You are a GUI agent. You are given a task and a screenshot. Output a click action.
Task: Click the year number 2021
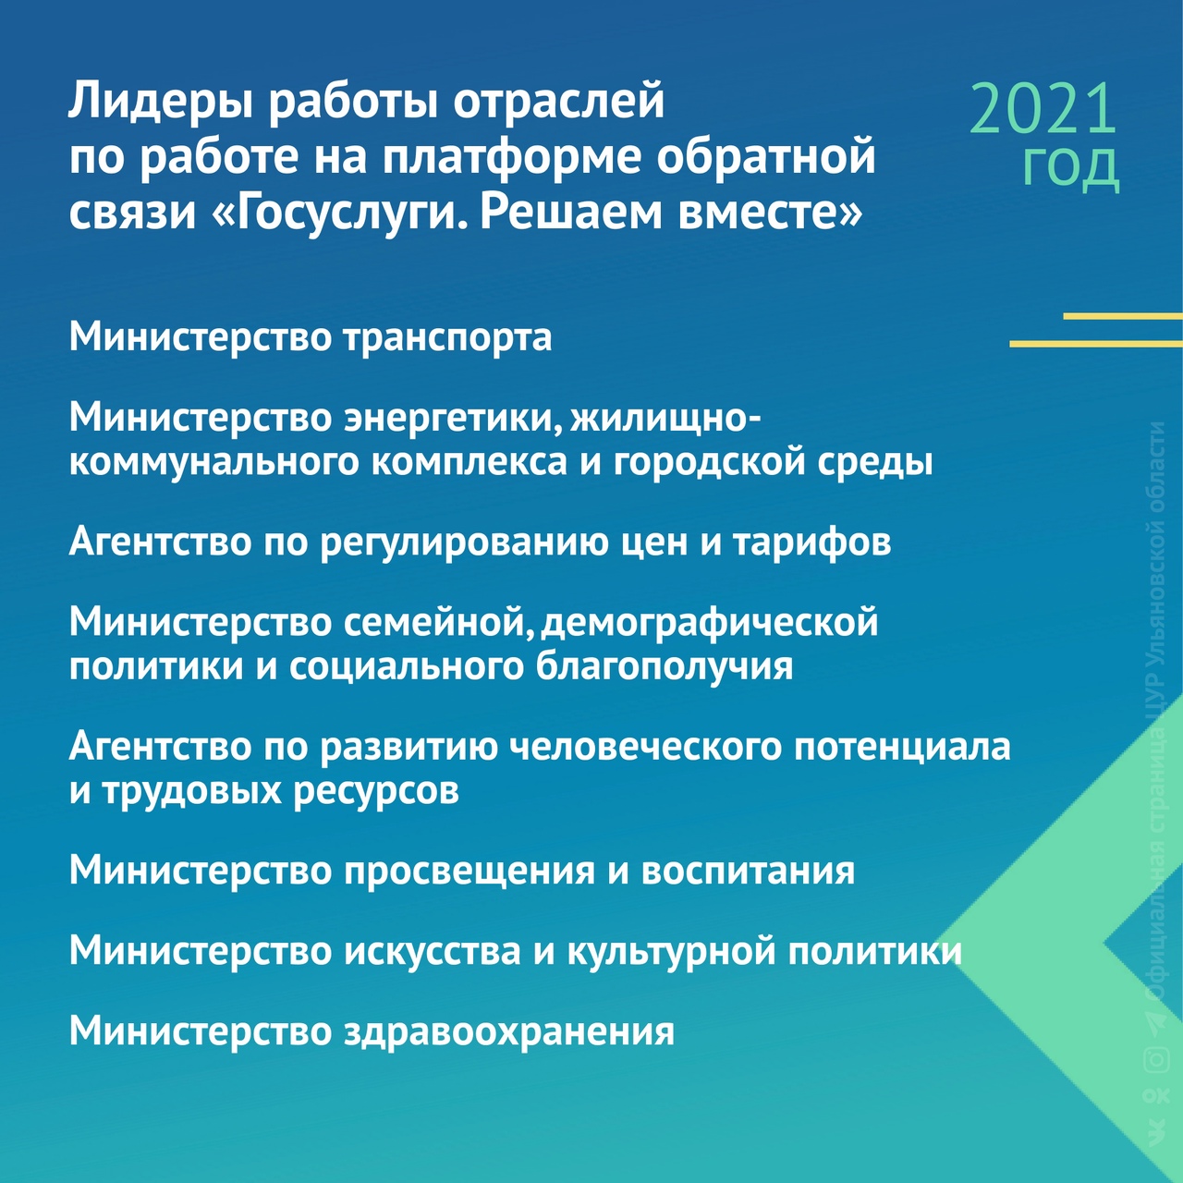pyautogui.click(x=1043, y=109)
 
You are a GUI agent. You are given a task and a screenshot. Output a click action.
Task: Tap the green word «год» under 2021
pyautogui.click(x=1070, y=168)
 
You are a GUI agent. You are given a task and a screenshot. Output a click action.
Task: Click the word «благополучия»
pyautogui.click(x=665, y=668)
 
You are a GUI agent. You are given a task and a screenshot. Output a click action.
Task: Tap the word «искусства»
pyautogui.click(x=433, y=953)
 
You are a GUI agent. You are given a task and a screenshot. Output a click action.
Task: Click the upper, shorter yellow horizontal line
pyautogui.click(x=1123, y=317)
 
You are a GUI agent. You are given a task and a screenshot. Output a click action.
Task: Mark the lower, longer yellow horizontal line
pyautogui.click(x=1096, y=345)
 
